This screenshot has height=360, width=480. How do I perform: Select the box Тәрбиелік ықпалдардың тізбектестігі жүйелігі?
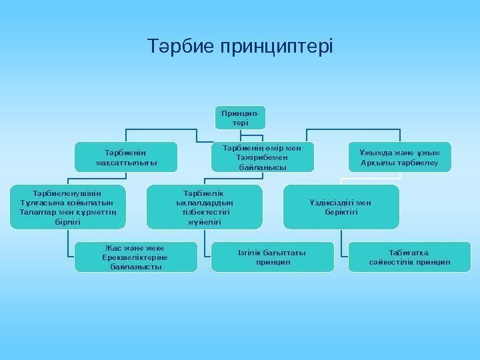[x=205, y=207]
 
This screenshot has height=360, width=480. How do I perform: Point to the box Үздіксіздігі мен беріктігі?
[x=341, y=207]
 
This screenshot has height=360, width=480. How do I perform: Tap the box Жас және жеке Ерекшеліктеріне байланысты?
[x=135, y=257]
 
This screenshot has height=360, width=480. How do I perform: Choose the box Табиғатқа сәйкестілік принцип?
[x=409, y=257]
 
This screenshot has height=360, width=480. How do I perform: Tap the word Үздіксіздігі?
[x=331, y=203]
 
